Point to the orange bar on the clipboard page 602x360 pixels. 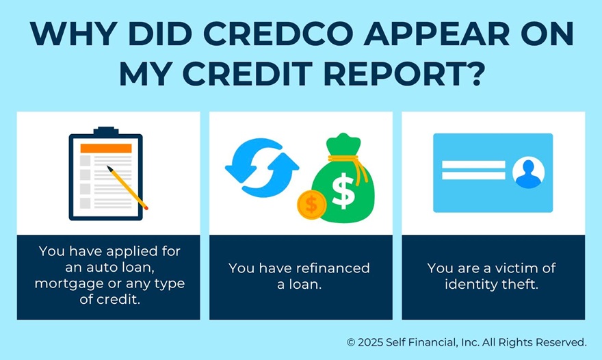click(x=106, y=149)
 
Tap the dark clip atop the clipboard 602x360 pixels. click(x=105, y=131)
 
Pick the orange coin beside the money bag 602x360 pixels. click(x=312, y=203)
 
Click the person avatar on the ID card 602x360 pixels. click(x=528, y=172)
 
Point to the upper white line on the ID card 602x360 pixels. click(x=473, y=164)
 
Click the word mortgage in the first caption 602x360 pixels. click(x=66, y=283)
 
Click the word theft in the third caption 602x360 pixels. click(x=521, y=284)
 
